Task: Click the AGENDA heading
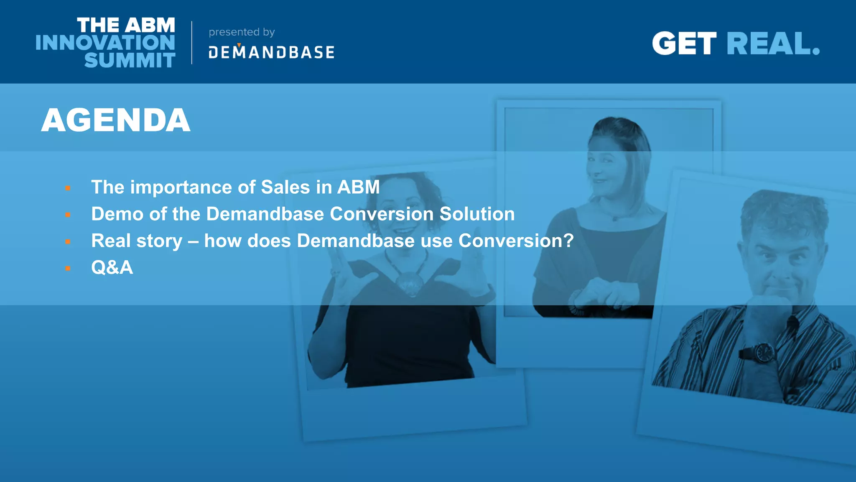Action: coord(116,120)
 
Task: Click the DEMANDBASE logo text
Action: coord(271,52)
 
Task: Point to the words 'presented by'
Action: coord(242,32)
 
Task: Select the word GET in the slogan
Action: coord(684,44)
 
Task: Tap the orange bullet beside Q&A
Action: coord(68,268)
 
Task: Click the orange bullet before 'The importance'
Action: coord(68,188)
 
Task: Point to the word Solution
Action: coord(477,214)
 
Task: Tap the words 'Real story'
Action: coord(137,241)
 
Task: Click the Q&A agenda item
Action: coord(112,267)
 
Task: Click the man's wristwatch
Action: coord(764,352)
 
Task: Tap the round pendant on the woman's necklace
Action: coord(410,283)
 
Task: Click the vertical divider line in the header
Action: coord(192,43)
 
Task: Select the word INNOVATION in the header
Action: coord(105,43)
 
